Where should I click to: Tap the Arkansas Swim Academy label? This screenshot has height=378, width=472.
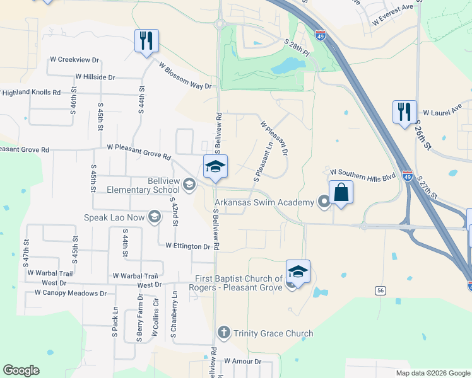[264, 202]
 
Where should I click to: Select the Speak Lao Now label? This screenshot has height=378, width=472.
[114, 218]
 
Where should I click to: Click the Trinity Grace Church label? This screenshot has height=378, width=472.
[273, 333]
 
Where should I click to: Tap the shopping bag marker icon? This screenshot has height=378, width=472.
[341, 192]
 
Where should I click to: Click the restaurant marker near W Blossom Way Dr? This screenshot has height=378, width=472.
[146, 41]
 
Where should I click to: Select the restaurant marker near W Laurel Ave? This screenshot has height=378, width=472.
[404, 112]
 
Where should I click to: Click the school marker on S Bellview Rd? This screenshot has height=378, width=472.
[215, 167]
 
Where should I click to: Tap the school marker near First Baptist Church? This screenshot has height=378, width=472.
[298, 272]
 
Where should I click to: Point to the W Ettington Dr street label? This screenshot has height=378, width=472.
[188, 246]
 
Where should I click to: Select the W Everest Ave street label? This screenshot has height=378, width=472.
[396, 15]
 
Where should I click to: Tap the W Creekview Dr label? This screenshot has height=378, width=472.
[74, 60]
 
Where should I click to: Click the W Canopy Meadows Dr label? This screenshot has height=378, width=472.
[71, 293]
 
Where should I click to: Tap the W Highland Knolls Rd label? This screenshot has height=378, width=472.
[30, 93]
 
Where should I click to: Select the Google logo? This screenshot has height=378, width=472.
[21, 370]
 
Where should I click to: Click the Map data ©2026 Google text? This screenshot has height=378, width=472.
[433, 373]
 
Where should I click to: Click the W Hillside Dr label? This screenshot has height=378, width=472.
[95, 77]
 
